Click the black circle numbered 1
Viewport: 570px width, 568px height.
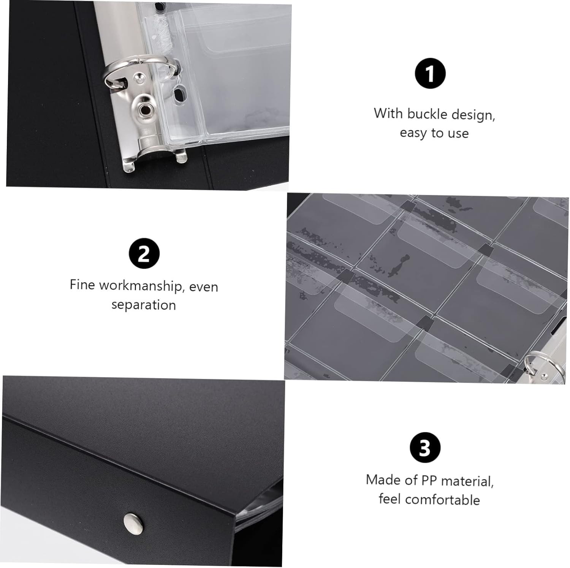pyautogui.click(x=430, y=74)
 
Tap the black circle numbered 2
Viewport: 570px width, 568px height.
pyautogui.click(x=144, y=254)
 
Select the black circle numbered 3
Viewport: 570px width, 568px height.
pyautogui.click(x=425, y=448)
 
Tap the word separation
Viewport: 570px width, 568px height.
pyautogui.click(x=144, y=305)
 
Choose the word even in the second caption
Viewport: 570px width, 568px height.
pyautogui.click(x=204, y=287)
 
